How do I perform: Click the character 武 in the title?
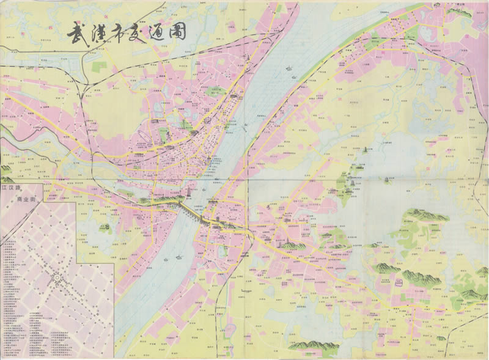[x=76, y=34]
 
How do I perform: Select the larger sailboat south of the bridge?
[x=178, y=257]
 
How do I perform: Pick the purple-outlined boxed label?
[x=399, y=282]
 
